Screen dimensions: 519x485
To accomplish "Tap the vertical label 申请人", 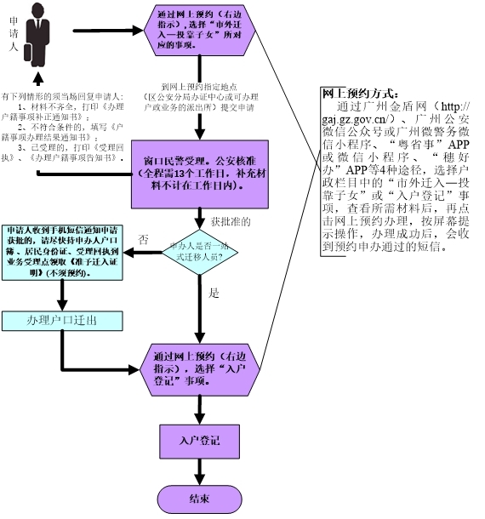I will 12,37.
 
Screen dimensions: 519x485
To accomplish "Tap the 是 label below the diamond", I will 214,293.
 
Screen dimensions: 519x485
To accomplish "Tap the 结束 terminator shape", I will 199,497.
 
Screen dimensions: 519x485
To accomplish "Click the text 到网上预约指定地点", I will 200,87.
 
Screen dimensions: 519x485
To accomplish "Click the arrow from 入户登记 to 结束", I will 199,470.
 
